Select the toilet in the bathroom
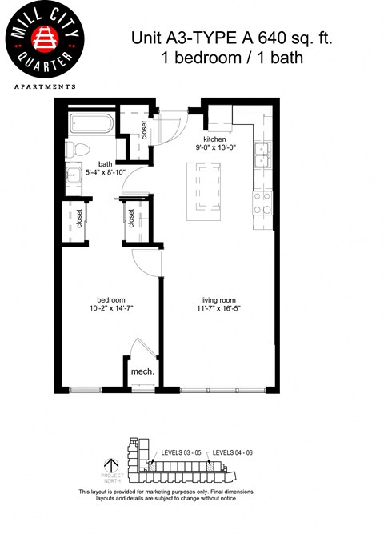[x=74, y=149]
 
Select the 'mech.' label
[x=142, y=371]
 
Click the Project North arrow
[x=113, y=465]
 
